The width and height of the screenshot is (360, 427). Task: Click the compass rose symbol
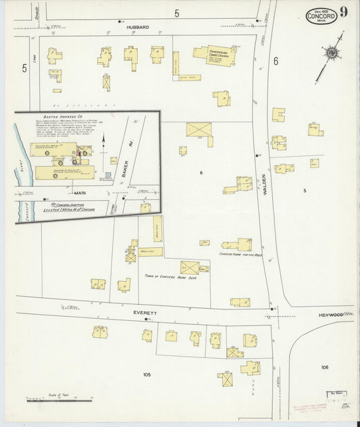pyautogui.click(x=332, y=53)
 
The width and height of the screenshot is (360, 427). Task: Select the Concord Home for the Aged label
pyautogui.click(x=235, y=255)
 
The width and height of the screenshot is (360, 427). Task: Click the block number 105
pyautogui.click(x=147, y=374)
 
